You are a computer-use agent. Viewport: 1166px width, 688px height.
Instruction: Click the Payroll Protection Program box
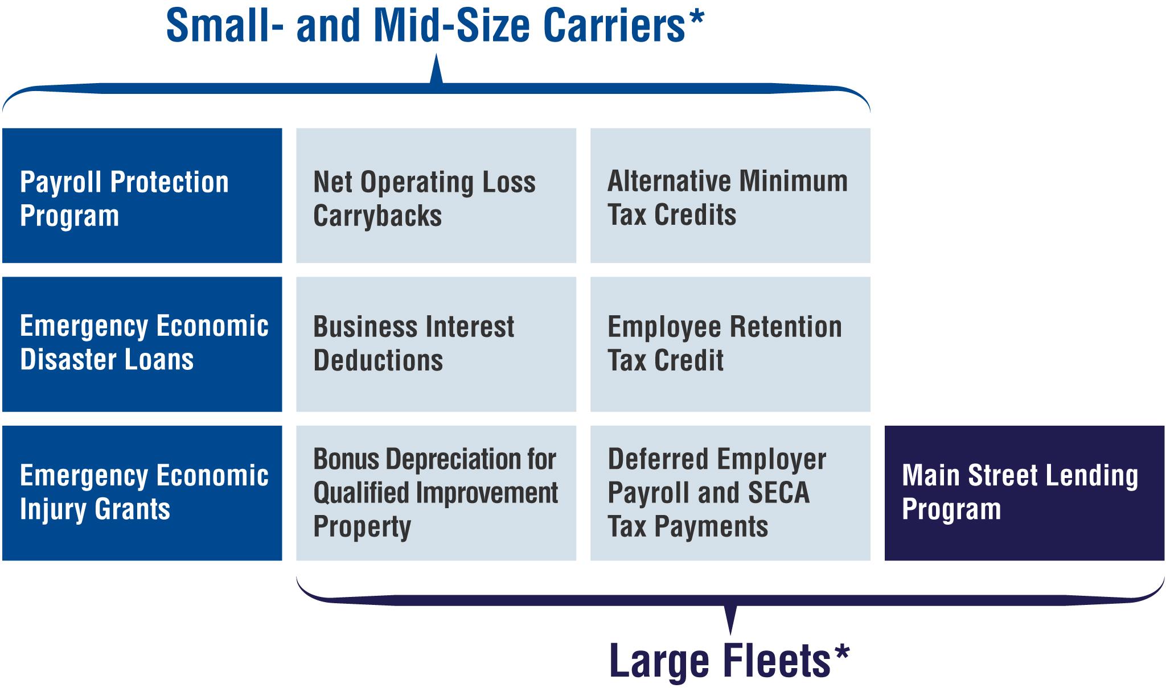tap(142, 195)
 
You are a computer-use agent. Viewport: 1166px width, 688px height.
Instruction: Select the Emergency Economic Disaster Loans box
tap(142, 344)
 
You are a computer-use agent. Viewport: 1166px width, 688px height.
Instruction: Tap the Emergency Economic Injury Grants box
tap(142, 493)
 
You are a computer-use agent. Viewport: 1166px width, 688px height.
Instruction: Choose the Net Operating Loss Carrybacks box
tap(436, 195)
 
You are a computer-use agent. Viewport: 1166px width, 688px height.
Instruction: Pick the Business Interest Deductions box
tap(436, 344)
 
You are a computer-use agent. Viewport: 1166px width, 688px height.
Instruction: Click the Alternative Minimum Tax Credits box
tap(730, 195)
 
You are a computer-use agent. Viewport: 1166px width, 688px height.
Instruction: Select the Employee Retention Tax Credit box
tap(730, 344)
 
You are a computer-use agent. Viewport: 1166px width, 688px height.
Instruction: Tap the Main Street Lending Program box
tap(1025, 493)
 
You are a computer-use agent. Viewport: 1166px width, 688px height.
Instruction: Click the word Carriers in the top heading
tap(615, 26)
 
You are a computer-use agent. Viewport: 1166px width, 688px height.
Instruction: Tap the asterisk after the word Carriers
tap(696, 17)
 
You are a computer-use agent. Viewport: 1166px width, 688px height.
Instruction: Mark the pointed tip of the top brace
tap(436, 55)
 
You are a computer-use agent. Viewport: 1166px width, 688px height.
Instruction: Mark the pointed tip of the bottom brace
tap(730, 634)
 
